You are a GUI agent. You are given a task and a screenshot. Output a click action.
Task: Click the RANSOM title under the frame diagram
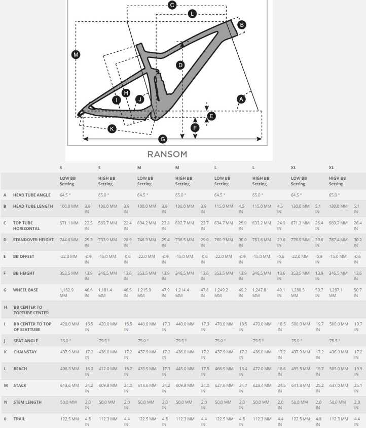tap(167, 154)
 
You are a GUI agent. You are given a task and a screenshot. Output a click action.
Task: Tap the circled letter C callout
tap(172, 5)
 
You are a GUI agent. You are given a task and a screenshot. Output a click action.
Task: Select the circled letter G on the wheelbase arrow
tap(163, 139)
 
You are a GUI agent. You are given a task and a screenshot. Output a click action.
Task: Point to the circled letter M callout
tap(76, 55)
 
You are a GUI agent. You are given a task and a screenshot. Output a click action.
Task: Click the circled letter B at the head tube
tap(242, 24)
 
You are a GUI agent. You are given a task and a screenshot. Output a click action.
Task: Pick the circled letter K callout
tap(112, 128)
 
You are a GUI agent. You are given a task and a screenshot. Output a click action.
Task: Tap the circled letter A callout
tap(241, 99)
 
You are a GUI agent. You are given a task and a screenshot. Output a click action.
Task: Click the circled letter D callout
tap(180, 65)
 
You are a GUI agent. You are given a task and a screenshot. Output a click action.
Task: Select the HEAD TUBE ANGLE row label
tap(32, 195)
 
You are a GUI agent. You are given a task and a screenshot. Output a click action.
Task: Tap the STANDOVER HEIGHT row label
tap(33, 239)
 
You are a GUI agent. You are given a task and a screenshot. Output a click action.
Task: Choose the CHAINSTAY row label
tap(24, 352)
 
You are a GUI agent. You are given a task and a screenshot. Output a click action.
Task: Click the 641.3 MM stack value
tap(300, 385)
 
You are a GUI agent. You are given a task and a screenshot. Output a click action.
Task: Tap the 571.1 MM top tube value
tap(69, 223)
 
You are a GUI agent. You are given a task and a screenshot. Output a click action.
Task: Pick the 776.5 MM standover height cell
tap(300, 239)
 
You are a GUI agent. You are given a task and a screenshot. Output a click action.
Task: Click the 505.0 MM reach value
tap(338, 369)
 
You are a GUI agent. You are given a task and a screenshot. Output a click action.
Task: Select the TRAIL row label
tap(19, 419)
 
